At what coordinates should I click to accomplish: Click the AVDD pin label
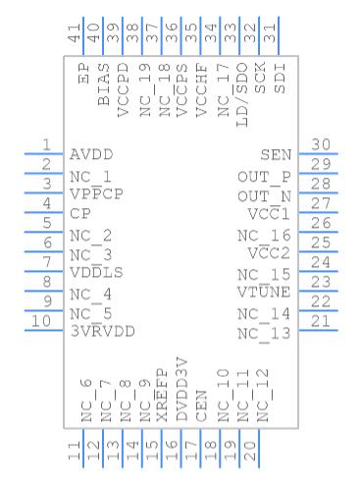(91, 154)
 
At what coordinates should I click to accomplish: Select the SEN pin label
(276, 155)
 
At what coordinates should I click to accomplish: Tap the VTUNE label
(264, 292)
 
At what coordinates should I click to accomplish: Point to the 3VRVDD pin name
(102, 332)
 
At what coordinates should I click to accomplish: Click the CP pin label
(80, 214)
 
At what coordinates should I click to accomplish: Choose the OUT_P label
(264, 178)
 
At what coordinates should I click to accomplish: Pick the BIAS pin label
(103, 84)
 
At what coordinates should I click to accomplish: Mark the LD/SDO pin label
(242, 94)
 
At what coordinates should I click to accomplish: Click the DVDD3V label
(181, 389)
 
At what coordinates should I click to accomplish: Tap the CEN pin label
(201, 405)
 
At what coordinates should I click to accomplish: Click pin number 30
(320, 144)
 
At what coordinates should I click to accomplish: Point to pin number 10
(41, 321)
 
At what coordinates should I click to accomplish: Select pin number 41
(75, 32)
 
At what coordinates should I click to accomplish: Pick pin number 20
(250, 451)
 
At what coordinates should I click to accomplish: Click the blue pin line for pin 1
(44, 154)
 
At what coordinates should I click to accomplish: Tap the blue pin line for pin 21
(318, 331)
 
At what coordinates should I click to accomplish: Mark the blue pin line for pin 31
(279, 36)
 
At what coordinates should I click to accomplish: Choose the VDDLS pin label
(96, 273)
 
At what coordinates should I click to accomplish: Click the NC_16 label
(264, 236)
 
